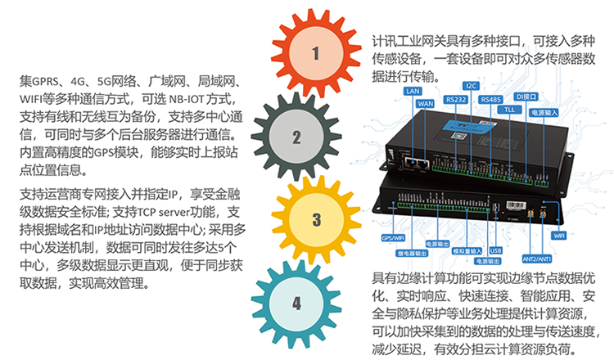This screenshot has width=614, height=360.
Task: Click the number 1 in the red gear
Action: [x=315, y=54]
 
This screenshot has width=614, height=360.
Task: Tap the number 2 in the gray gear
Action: [x=296, y=137]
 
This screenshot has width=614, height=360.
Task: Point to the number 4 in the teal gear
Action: [x=296, y=303]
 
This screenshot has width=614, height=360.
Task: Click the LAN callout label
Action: [x=413, y=92]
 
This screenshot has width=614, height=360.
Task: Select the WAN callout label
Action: [x=426, y=104]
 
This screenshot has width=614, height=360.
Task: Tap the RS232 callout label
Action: [x=455, y=99]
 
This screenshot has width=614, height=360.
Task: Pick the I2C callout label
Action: [x=471, y=85]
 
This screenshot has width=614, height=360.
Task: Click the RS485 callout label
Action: [x=490, y=99]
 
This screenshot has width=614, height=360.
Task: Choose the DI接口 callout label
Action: [x=526, y=96]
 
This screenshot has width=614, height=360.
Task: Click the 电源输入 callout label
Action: [x=544, y=111]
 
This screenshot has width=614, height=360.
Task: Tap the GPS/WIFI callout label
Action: [x=394, y=238]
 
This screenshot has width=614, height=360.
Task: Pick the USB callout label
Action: [x=494, y=251]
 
